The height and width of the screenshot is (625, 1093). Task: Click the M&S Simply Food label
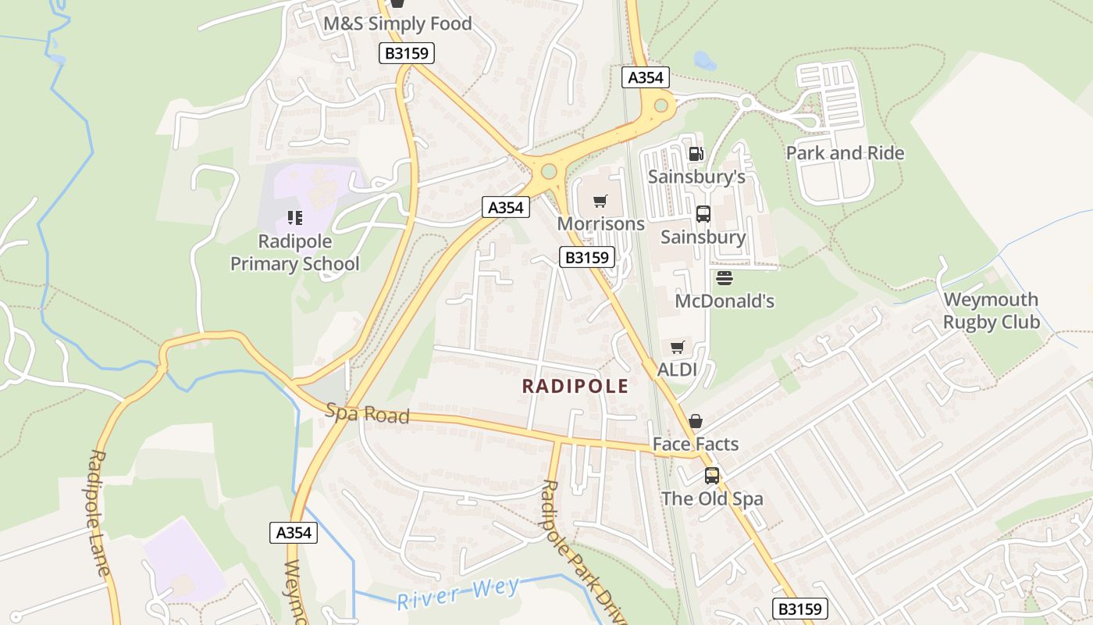coord(397,23)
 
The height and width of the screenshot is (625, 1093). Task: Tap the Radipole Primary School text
coord(295,252)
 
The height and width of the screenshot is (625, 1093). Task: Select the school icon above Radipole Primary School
coord(294,217)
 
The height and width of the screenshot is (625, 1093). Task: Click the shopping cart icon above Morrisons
coord(600,202)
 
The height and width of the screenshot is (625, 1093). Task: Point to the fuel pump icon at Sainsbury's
coord(695,154)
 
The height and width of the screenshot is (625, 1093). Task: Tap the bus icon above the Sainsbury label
coord(703,213)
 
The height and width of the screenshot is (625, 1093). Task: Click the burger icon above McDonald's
coord(724,277)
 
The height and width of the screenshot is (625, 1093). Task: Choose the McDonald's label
coord(724,301)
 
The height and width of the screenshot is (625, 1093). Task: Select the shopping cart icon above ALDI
coord(677,347)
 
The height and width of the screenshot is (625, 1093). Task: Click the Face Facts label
coord(695,444)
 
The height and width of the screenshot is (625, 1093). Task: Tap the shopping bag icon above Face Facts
coord(695,421)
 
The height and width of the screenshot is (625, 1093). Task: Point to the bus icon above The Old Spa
coord(711,475)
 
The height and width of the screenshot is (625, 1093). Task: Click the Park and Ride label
coord(844,152)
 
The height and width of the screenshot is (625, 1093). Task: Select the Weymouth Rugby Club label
coord(991,310)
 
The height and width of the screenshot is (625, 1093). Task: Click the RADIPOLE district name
coord(575,386)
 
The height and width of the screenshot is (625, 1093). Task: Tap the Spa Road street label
coord(367,413)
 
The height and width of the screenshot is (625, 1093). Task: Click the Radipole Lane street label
coord(99,512)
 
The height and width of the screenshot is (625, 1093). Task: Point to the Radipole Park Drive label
coord(583,551)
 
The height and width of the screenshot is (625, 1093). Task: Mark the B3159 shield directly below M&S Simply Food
coord(406,53)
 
